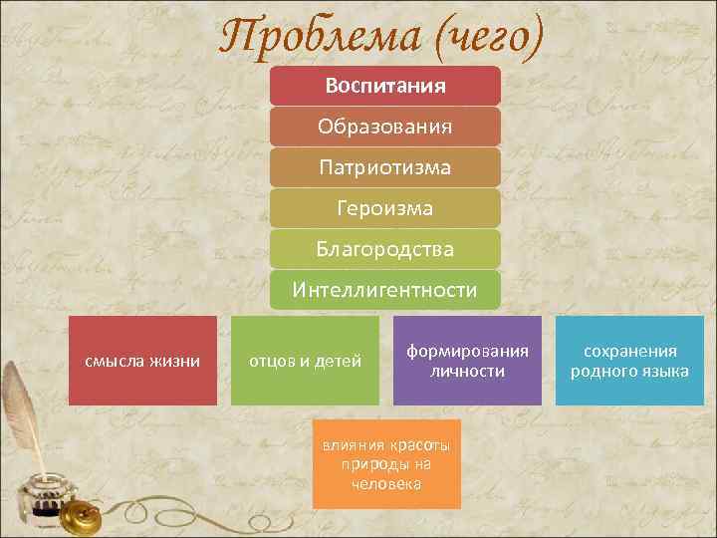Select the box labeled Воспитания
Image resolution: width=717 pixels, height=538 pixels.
[384, 86]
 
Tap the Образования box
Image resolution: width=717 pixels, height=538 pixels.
[384, 127]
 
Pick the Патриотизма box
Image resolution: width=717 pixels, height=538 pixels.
[384, 167]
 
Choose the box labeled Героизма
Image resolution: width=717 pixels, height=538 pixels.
[384, 208]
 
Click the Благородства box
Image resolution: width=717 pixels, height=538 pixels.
[384, 249]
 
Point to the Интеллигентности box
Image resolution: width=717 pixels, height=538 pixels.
[384, 290]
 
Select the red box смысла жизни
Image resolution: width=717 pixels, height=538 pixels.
[141, 361]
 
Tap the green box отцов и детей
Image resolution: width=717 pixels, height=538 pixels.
[305, 361]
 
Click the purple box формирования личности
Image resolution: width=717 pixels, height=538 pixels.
[467, 361]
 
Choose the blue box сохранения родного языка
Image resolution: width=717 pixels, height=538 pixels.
[629, 361]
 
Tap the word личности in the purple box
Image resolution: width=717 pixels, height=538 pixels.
[467, 372]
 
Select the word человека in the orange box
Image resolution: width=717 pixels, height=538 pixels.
[386, 484]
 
